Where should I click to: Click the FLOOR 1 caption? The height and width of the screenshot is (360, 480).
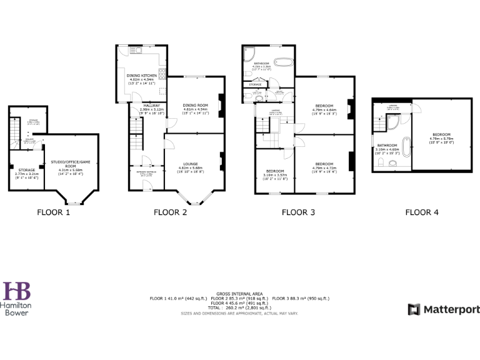tap(53, 212)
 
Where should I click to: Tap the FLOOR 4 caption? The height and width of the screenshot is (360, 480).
tap(422, 212)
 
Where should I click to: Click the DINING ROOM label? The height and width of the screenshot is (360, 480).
tap(195, 105)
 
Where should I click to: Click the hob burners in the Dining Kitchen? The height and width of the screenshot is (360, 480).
tap(162, 75)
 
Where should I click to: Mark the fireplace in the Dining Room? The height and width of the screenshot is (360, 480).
tap(221, 101)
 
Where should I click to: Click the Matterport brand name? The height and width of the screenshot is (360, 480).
tap(451, 309)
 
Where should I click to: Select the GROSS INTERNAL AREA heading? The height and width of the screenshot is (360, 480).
tap(239, 293)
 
